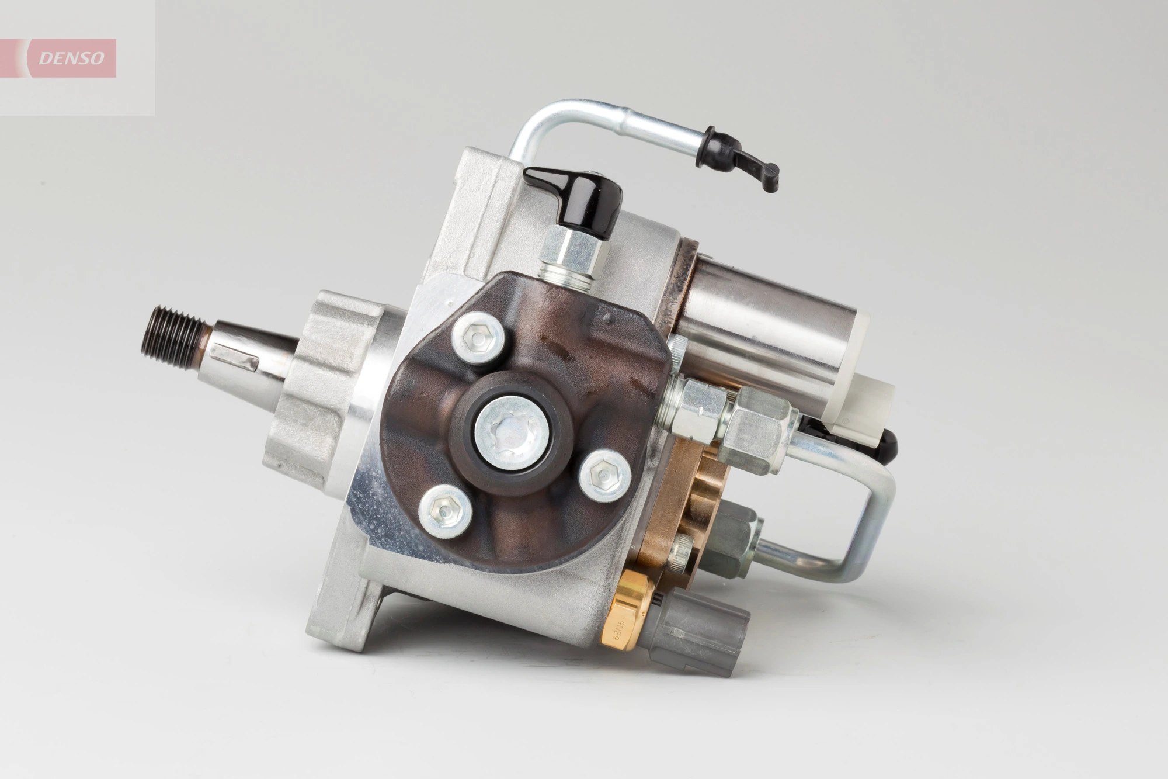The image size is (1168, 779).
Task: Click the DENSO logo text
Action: point(71,58)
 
